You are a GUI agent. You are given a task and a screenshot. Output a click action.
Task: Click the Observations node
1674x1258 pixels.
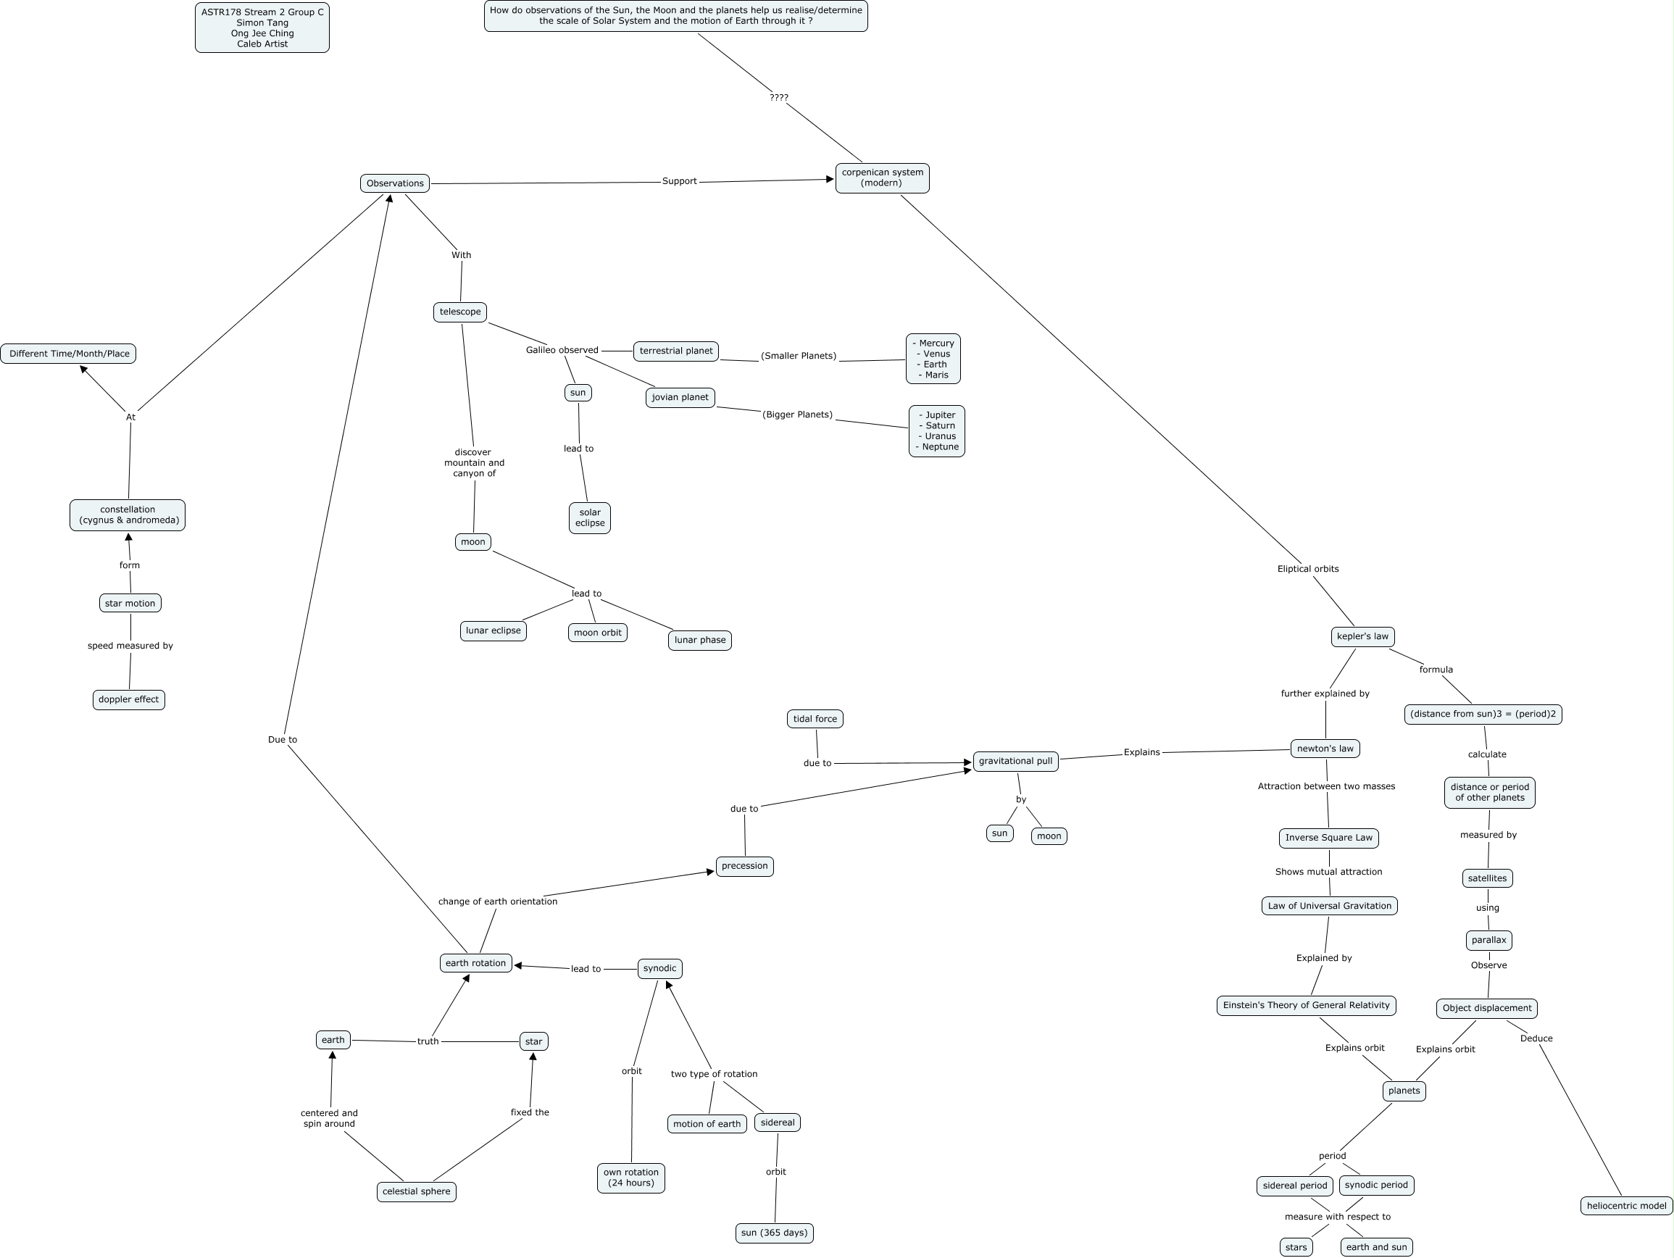click(x=394, y=183)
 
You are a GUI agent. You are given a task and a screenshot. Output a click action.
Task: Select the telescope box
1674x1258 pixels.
click(x=460, y=312)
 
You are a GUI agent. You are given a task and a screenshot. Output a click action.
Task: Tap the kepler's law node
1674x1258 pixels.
click(x=1362, y=636)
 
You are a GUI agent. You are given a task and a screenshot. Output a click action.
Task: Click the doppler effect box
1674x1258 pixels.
click(x=129, y=699)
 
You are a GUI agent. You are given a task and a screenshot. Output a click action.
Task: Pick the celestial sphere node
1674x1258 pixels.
click(x=416, y=1191)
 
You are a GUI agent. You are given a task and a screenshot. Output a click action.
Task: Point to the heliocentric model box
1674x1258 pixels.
click(x=1626, y=1206)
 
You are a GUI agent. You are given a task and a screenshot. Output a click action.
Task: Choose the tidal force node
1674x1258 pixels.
click(x=815, y=719)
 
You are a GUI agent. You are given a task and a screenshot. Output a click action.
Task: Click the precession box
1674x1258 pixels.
click(x=745, y=866)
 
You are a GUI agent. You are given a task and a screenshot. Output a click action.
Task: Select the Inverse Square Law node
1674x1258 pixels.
click(x=1329, y=838)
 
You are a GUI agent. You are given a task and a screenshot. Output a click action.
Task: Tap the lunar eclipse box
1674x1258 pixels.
click(x=494, y=630)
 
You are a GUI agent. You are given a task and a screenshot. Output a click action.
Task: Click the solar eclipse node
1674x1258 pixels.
click(x=590, y=517)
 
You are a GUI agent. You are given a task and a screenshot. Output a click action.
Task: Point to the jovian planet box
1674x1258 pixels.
click(x=680, y=397)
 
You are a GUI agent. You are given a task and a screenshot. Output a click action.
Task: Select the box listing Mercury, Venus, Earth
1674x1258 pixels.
click(x=933, y=359)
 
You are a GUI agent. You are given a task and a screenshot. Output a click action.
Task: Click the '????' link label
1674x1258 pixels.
click(x=779, y=98)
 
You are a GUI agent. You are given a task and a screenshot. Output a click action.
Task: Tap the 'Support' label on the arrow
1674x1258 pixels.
click(x=679, y=181)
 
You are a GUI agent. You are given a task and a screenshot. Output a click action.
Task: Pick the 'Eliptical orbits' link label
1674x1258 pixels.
click(x=1308, y=569)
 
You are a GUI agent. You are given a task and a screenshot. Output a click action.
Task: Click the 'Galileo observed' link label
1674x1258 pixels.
click(x=562, y=350)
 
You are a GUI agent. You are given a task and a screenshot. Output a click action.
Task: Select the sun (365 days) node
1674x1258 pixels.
click(x=774, y=1233)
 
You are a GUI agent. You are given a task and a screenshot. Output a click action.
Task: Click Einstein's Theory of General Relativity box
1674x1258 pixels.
click(x=1306, y=1005)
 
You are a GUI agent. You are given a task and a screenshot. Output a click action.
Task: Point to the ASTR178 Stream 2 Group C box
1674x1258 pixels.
click(x=262, y=28)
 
